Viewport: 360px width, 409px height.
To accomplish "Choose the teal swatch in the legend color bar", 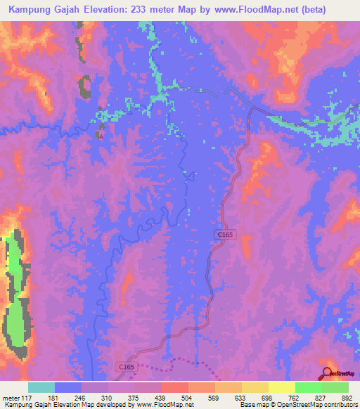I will [41, 387].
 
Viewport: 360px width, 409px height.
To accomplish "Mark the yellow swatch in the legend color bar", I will [281, 387].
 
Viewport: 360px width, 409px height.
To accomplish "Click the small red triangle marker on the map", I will [101, 135].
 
